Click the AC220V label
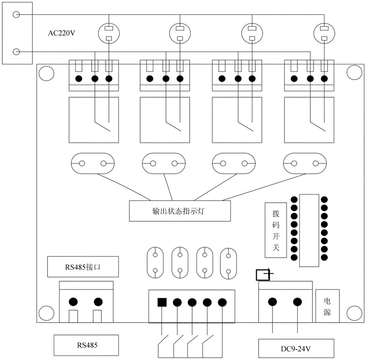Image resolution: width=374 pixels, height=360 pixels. click(62, 33)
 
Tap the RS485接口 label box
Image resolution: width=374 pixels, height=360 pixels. click(83, 267)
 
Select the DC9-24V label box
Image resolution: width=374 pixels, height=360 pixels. click(296, 349)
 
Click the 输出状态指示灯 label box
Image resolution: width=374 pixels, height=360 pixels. click(180, 211)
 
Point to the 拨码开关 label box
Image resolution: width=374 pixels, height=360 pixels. click(276, 230)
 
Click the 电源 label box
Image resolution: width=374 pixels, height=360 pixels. click(327, 306)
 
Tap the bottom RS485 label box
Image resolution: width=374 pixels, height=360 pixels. click(86, 345)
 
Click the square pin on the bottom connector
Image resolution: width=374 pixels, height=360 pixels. click(162, 302)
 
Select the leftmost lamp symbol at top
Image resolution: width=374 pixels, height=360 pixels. click(109, 33)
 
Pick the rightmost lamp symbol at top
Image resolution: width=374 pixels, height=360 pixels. click(324, 33)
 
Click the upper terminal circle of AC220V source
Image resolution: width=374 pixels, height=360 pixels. click(16, 14)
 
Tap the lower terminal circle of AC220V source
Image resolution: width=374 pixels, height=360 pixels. click(16, 51)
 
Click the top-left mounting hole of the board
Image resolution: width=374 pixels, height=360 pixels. click(46, 73)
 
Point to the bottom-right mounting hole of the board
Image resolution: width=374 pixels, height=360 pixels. click(354, 312)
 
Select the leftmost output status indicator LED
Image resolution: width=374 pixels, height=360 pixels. click(93, 163)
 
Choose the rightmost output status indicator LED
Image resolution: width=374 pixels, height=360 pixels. click(305, 163)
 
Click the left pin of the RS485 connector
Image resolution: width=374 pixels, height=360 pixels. click(73, 302)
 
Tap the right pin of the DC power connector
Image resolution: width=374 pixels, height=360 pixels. click(297, 302)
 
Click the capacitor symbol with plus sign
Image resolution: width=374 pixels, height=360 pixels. click(264, 275)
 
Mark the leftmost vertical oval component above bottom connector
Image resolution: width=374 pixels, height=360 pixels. click(155, 263)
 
